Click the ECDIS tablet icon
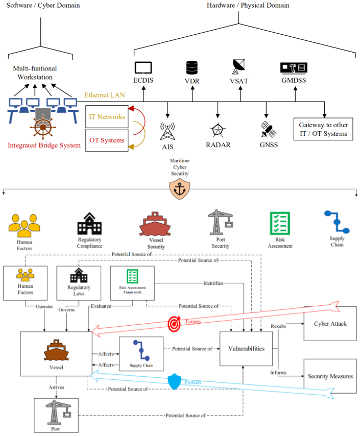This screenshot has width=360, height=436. click(144, 68)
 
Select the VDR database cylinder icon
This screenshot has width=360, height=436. click(192, 67)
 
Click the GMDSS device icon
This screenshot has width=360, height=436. click(294, 68)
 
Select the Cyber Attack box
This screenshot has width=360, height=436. click(329, 324)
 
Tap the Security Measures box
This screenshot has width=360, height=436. click(330, 376)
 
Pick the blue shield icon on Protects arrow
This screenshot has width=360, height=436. click(175, 381)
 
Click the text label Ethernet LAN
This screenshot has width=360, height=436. click(105, 95)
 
